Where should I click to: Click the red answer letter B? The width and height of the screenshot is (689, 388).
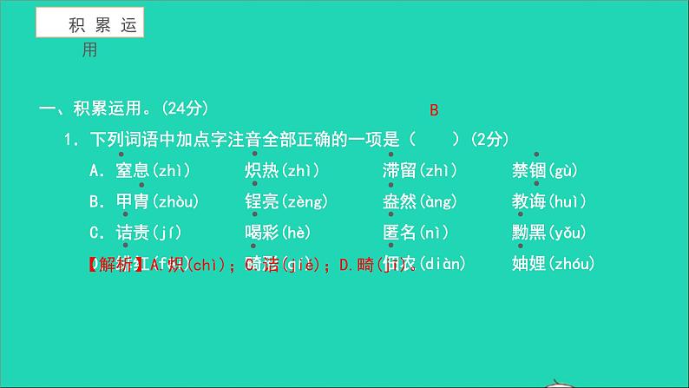[434, 110]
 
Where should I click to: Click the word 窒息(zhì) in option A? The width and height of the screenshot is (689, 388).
[152, 171]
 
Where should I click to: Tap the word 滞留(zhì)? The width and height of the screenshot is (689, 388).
[419, 171]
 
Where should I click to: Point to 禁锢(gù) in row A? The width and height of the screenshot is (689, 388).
[544, 171]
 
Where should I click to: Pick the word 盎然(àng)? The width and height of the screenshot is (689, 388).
[421, 202]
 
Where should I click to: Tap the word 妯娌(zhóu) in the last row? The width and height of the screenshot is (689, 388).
[553, 264]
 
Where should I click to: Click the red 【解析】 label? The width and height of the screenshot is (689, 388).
[119, 264]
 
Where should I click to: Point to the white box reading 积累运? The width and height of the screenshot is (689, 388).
[89, 25]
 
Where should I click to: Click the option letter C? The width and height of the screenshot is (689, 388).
[95, 233]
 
